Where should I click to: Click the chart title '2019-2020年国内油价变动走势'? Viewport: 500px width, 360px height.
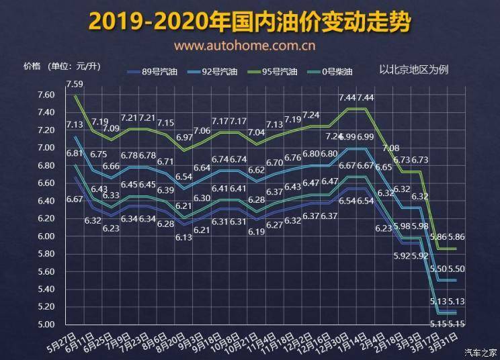250,21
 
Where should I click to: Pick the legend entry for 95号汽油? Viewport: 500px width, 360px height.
278,71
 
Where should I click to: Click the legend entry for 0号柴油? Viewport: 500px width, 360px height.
335,71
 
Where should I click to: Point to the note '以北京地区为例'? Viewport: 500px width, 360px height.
413,70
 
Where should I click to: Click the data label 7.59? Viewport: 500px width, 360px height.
75,84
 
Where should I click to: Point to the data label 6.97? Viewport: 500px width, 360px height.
185,137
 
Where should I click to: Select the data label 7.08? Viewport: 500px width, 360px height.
390,148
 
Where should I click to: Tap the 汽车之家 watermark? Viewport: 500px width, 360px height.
481,352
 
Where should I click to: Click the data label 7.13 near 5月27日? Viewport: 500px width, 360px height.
75,125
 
